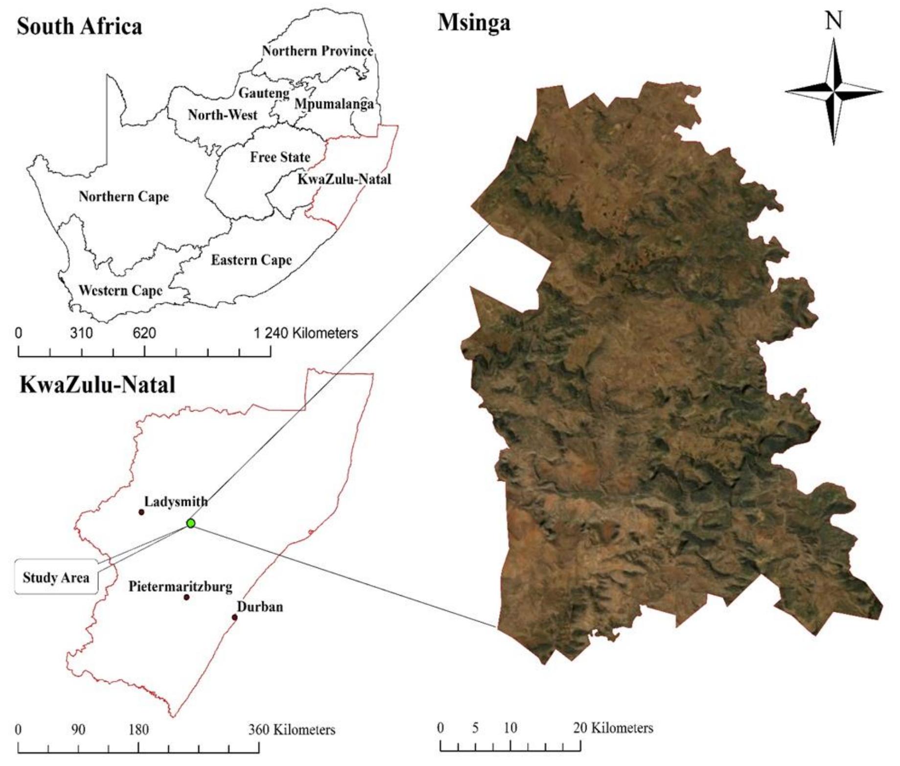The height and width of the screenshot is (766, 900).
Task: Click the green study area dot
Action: pos(191,523)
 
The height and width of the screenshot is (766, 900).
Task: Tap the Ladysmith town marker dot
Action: pos(141,512)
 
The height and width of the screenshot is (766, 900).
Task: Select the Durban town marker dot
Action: pos(234,617)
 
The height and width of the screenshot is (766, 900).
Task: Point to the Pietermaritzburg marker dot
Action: pos(186,597)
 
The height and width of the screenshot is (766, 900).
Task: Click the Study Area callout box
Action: pos(56,577)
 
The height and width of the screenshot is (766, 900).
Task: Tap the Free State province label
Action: pos(280,157)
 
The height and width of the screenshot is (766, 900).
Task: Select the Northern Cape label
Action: pos(124,197)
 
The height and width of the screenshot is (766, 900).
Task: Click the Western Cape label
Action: pos(120,291)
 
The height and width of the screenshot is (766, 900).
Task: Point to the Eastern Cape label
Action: pos(251,260)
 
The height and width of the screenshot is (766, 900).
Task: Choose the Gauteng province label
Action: pos(264,93)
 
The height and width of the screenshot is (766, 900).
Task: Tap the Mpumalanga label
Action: pos(334,104)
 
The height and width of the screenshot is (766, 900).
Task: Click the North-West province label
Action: pos(223,115)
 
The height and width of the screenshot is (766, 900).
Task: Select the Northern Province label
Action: pos(317,51)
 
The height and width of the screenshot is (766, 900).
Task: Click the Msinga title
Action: pos(474,23)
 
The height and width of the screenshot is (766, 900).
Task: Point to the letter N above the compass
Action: pos(834,21)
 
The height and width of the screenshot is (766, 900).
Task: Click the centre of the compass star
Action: pos(834,92)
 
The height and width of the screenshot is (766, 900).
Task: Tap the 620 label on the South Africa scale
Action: pos(144,333)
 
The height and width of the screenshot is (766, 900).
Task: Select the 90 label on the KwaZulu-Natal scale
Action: pos(78,730)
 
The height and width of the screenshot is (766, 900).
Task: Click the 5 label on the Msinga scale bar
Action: pos(475,728)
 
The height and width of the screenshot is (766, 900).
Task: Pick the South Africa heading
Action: pos(79,26)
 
